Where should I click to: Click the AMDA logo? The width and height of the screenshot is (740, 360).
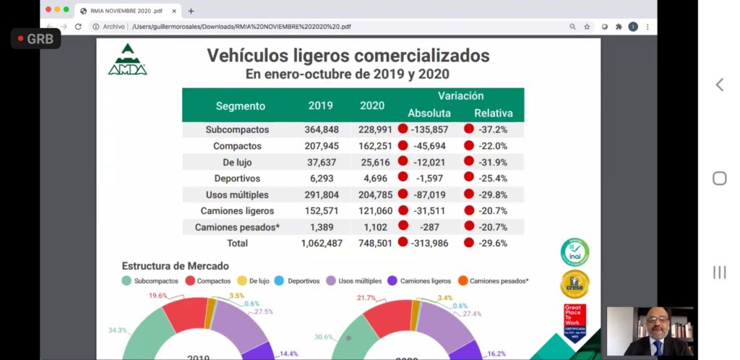pyautogui.click(x=128, y=59)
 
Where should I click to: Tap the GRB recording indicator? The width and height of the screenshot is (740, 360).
pyautogui.click(x=36, y=39)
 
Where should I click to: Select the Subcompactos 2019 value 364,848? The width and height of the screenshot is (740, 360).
pyautogui.click(x=320, y=129)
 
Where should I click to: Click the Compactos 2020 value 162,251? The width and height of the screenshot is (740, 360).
pyautogui.click(x=371, y=146)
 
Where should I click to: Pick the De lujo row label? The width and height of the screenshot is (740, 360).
pyautogui.click(x=236, y=162)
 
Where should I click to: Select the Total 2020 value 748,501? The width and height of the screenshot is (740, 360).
pyautogui.click(x=371, y=244)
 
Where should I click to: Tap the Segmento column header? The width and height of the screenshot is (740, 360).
pyautogui.click(x=241, y=106)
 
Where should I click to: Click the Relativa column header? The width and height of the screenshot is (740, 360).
pyautogui.click(x=494, y=113)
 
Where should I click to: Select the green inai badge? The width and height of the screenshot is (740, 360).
pyautogui.click(x=575, y=252)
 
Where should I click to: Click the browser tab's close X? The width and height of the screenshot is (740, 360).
pyautogui.click(x=175, y=11)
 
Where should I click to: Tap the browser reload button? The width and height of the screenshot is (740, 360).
pyautogui.click(x=78, y=27)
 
